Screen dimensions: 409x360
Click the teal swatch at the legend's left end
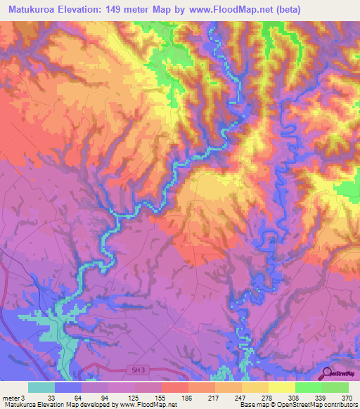pos(41,387)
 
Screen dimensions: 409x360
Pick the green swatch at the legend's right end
pos(335,387)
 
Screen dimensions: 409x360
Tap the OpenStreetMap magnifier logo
pos(327,373)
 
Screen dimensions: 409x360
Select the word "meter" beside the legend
pos(10,398)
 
